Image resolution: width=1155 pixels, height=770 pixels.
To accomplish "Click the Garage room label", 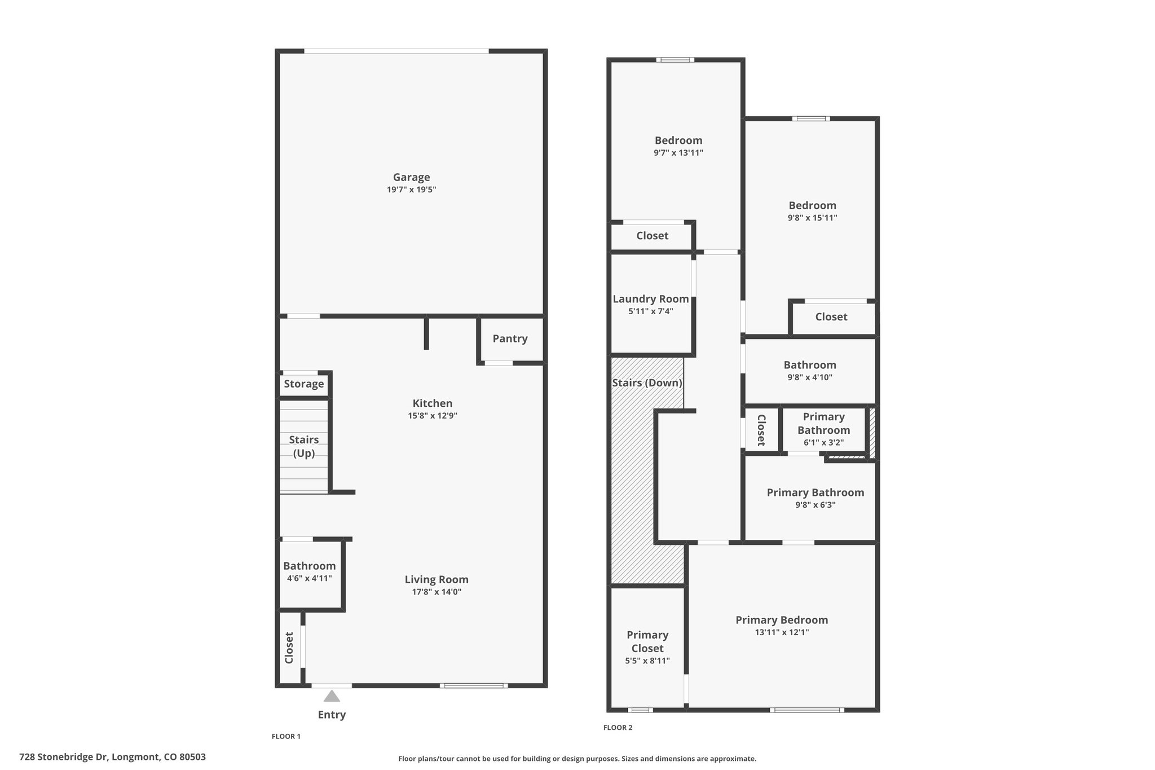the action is click(412, 177).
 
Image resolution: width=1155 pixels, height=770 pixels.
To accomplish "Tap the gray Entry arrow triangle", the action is click(332, 696).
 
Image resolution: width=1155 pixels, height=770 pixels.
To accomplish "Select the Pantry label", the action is click(510, 338).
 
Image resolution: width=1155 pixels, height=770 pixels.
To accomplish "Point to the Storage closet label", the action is click(304, 384).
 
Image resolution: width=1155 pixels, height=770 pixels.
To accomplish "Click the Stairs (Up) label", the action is click(304, 446).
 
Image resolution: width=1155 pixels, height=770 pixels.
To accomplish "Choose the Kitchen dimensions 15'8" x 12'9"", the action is click(433, 416).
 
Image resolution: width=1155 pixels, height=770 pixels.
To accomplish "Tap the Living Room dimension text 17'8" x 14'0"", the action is click(437, 592).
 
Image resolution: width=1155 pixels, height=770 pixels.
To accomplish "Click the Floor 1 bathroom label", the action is click(309, 566).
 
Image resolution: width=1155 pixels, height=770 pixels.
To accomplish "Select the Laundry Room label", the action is click(651, 299).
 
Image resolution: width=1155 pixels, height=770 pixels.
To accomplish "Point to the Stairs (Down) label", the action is click(647, 383).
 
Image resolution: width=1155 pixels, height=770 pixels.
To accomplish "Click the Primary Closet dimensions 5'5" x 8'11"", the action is click(647, 661).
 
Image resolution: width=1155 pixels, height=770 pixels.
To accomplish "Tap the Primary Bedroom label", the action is click(782, 620).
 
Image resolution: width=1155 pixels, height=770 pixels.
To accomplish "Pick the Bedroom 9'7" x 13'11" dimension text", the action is click(678, 153).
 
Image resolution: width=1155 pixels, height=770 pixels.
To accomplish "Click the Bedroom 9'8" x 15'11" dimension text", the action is click(812, 218).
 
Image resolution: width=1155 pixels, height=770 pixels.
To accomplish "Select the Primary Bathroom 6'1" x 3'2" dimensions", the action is click(824, 443).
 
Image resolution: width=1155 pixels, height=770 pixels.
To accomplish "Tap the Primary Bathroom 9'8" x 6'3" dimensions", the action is click(815, 505).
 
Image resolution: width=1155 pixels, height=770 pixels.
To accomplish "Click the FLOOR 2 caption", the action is click(618, 728).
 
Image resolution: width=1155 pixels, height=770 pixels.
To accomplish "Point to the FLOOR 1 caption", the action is click(286, 736).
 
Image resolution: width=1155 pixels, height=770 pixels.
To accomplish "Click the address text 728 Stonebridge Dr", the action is click(64, 757).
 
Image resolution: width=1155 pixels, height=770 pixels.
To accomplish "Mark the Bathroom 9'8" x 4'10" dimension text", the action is click(810, 377).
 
